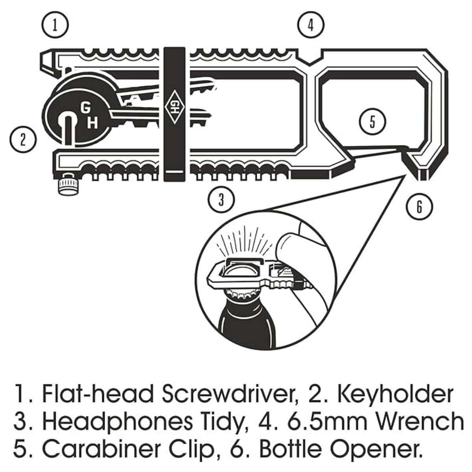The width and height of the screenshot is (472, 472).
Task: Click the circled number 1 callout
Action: [55, 25]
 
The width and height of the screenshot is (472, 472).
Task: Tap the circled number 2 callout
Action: [23, 140]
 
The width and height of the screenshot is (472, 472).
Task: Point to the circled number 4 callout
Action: [311, 25]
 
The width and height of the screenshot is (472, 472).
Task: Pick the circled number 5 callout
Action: [372, 121]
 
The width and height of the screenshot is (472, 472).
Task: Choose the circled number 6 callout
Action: [419, 206]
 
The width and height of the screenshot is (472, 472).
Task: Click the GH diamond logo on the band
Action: [174, 107]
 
